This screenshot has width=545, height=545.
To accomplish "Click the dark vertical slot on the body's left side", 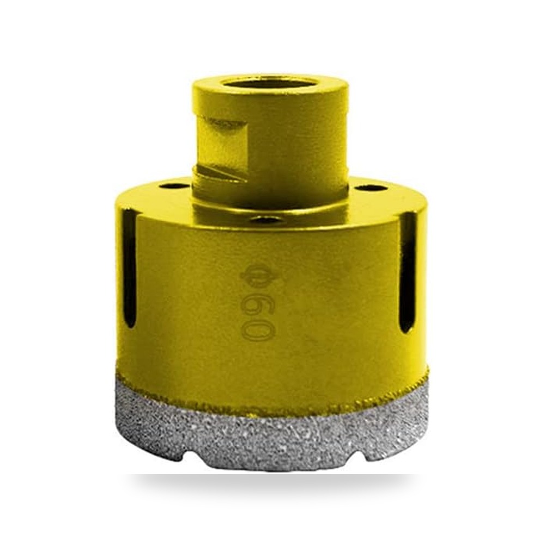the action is coord(130,268).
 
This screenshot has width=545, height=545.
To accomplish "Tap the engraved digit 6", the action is coord(257,306).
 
